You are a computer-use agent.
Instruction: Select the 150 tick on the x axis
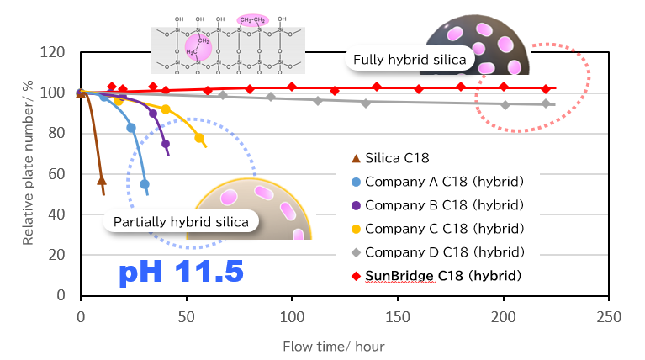(x=398, y=318)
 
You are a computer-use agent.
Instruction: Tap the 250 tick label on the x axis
(x=608, y=318)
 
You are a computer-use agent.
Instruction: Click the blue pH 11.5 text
(x=181, y=272)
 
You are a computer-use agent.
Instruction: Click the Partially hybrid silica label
(x=181, y=222)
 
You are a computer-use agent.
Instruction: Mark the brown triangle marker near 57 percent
(x=102, y=180)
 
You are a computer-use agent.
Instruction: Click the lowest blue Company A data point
(x=145, y=184)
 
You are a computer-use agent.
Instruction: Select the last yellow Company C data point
(x=199, y=138)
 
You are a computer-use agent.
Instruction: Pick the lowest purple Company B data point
(x=166, y=144)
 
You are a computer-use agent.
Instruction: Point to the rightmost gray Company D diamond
(x=546, y=103)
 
